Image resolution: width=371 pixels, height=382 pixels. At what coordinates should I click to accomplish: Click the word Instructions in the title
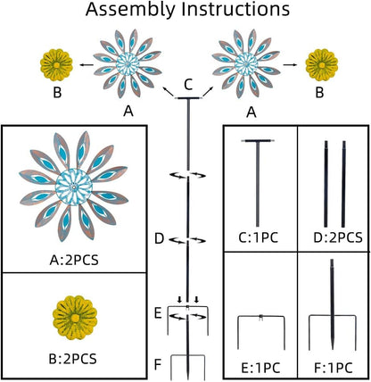click(x=235, y=9)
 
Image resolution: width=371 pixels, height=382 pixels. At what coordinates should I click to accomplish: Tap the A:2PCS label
click(x=74, y=261)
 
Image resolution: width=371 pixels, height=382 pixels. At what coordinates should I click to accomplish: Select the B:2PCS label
click(x=73, y=359)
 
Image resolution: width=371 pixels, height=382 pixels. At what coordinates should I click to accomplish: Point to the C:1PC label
click(x=259, y=237)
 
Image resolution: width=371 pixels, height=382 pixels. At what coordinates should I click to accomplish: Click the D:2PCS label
click(x=338, y=237)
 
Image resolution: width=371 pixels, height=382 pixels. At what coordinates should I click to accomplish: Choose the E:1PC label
click(x=260, y=368)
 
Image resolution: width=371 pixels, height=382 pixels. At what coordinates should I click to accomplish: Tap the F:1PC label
click(x=334, y=368)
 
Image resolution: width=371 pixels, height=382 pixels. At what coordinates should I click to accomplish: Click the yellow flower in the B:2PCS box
click(x=75, y=318)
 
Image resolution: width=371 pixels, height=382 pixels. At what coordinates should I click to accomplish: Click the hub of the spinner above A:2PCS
click(x=74, y=187)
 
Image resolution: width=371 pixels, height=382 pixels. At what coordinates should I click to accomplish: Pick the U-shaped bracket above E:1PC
click(x=261, y=317)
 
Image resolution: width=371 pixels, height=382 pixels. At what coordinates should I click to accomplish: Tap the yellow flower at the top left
click(x=56, y=65)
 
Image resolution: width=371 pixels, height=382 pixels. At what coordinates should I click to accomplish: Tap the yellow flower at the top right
click(x=322, y=65)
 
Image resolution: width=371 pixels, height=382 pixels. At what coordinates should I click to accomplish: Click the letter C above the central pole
click(x=188, y=85)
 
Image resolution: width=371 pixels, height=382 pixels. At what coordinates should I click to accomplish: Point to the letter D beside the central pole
click(x=160, y=239)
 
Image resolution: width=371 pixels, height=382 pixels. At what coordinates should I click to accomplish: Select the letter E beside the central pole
click(x=158, y=313)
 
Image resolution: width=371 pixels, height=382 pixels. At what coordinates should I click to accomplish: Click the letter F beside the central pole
click(x=158, y=364)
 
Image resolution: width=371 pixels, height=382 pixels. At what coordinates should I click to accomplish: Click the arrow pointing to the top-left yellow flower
click(x=87, y=64)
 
